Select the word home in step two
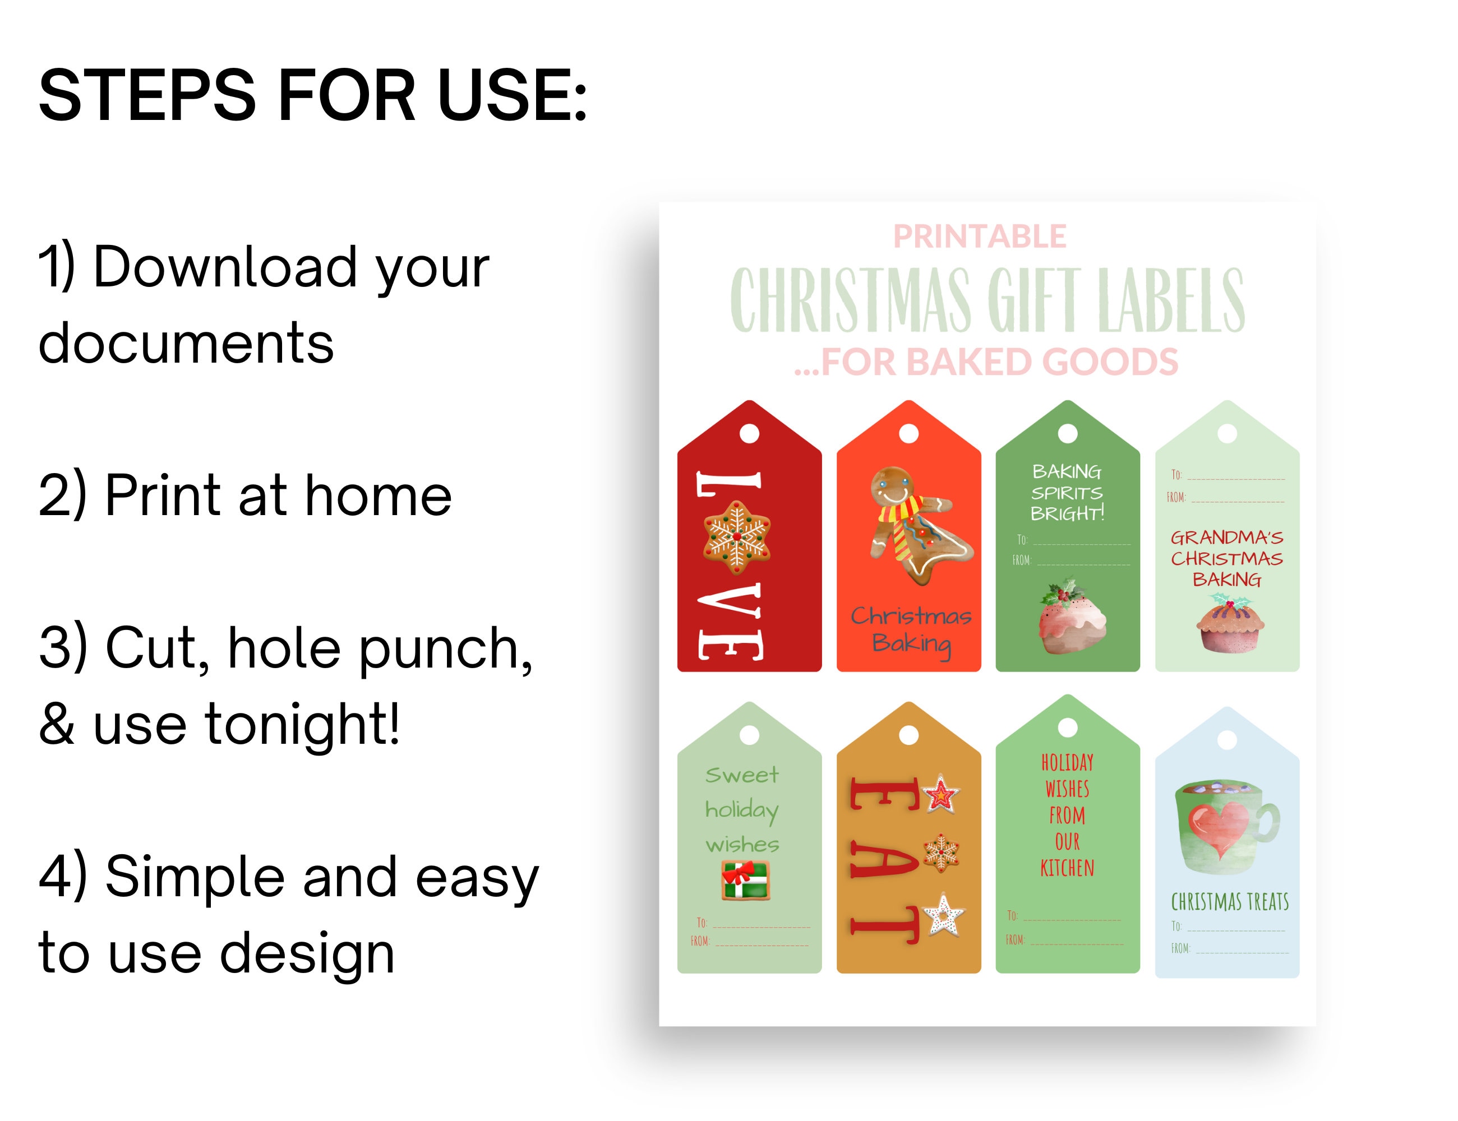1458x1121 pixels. point(378,496)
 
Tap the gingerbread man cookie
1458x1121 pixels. point(919,525)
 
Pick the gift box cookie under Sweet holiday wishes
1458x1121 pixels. point(746,880)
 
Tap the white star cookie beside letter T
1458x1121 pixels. point(943,915)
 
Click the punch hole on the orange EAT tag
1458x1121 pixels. point(908,735)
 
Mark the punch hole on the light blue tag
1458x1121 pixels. point(1227,740)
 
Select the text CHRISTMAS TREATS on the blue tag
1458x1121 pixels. point(1230,902)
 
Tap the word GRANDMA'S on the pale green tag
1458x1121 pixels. point(1227,537)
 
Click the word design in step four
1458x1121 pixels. point(307,953)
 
